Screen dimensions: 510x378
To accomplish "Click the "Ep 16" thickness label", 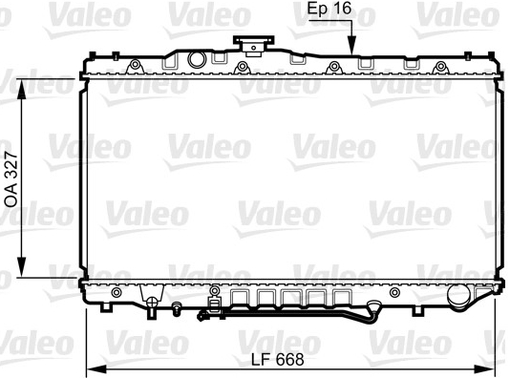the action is coord(329,9).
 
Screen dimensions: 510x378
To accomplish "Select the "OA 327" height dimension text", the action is coord(11,179).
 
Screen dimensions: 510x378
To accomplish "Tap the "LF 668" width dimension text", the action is coord(277,360).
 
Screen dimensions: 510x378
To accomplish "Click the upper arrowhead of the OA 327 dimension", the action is coord(21,90).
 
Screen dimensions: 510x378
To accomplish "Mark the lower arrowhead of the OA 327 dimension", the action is coord(21,267).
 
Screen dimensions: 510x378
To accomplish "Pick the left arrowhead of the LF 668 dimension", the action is coord(96,368).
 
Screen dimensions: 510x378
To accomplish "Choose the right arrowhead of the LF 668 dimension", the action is coord(484,368).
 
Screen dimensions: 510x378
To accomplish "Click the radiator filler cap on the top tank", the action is coord(253,45).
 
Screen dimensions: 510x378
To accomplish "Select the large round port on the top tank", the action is coord(197,59).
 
